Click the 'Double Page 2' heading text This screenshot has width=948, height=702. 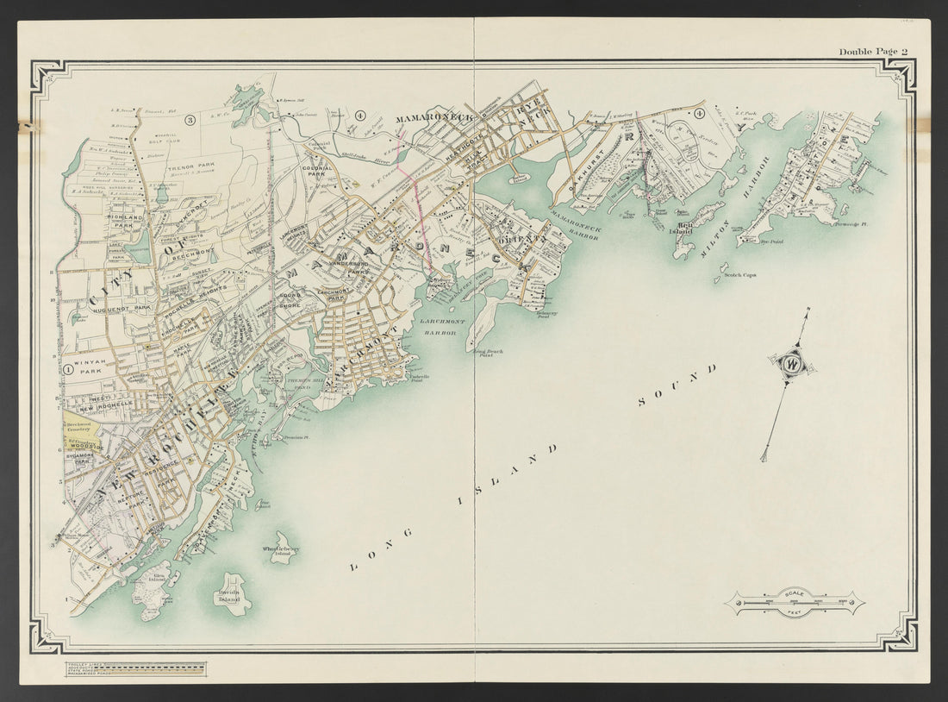tap(873, 52)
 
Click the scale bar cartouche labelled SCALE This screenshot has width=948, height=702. tap(793, 602)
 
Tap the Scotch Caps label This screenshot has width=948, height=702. tap(739, 275)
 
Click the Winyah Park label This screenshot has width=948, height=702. tap(90, 369)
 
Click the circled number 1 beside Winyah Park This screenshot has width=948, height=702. tap(66, 368)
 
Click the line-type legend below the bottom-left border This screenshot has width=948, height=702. tap(135, 668)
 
